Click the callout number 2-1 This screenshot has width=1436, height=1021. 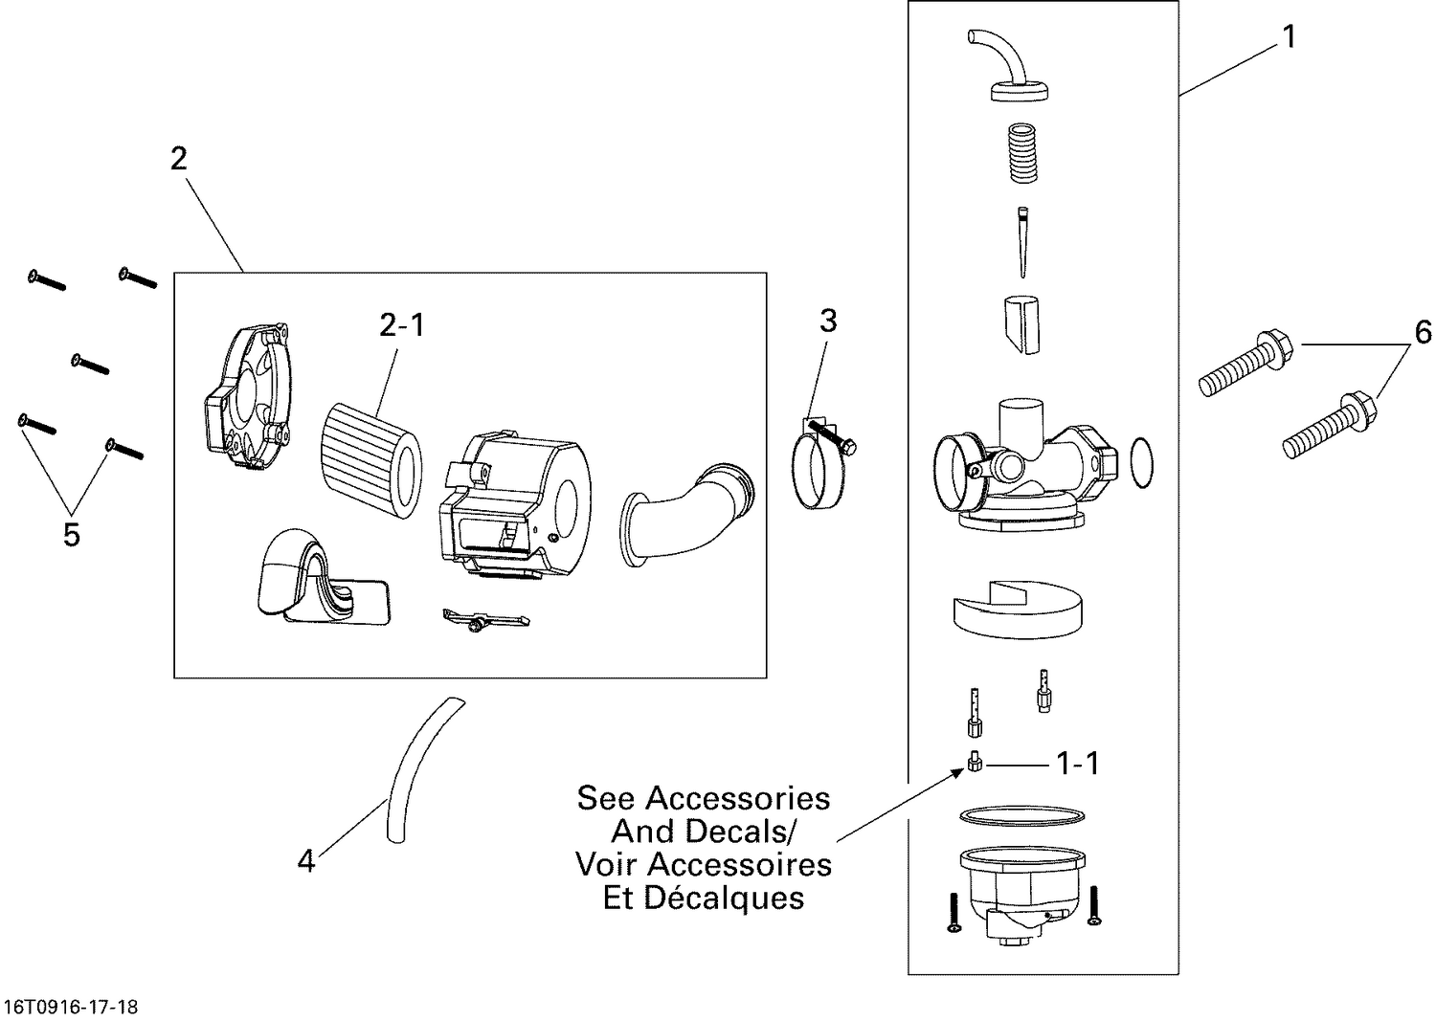pyautogui.click(x=401, y=325)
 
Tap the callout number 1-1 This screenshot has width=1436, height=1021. pyautogui.click(x=1077, y=764)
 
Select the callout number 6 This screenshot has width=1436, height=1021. pyautogui.click(x=1423, y=332)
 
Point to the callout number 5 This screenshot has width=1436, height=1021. pyautogui.click(x=72, y=535)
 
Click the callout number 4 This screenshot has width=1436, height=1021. pyautogui.click(x=305, y=862)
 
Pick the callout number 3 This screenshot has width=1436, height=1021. pyautogui.click(x=827, y=321)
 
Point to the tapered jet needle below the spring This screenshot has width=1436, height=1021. pyautogui.click(x=1021, y=243)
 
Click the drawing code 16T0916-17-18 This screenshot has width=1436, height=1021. pyautogui.click(x=72, y=1007)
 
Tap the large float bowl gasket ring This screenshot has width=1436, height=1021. pyautogui.click(x=1021, y=814)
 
